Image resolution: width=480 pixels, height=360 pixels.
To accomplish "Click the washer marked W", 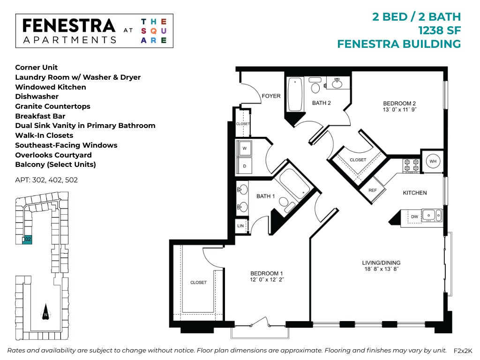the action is click(x=244, y=149).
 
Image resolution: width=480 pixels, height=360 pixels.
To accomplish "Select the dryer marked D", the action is click(x=244, y=165).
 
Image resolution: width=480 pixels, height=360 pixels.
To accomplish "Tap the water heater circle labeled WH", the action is click(x=432, y=162).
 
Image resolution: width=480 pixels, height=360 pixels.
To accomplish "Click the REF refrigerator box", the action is click(x=373, y=190).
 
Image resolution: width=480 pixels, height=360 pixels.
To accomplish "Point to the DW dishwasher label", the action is click(x=414, y=217).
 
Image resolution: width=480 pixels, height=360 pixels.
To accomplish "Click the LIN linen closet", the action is click(x=240, y=225).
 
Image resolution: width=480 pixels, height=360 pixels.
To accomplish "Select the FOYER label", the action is click(x=271, y=96).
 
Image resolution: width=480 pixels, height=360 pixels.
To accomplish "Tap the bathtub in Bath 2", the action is click(x=295, y=95).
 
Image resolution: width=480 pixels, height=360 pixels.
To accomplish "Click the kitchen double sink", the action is click(x=431, y=216).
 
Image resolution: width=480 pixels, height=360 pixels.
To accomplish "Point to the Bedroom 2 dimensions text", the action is click(x=400, y=109).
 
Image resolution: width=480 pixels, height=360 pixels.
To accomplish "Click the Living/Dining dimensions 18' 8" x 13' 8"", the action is click(x=381, y=270).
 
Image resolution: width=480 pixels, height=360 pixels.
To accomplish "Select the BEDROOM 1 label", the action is click(x=267, y=273).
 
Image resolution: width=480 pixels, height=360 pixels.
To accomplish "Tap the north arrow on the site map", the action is click(x=45, y=314).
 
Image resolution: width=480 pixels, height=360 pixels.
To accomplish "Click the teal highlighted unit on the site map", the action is click(x=28, y=239).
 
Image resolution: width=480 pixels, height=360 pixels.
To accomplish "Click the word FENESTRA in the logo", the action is click(x=69, y=26).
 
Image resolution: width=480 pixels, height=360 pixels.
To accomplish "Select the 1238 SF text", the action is click(x=439, y=30).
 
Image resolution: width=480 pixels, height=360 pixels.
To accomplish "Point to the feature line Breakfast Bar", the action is click(x=40, y=116).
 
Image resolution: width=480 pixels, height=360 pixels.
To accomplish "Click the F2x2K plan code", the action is click(x=463, y=351).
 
